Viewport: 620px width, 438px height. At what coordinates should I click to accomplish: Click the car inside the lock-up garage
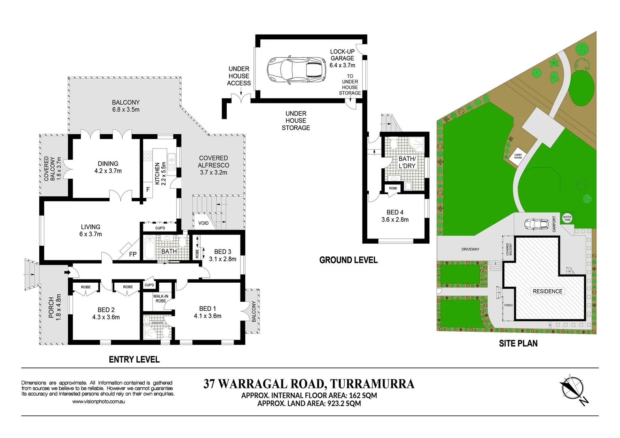tap(296, 69)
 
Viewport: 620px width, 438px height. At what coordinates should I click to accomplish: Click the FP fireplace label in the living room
tap(133, 254)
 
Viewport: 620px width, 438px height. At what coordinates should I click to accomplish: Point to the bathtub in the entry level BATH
tap(150, 248)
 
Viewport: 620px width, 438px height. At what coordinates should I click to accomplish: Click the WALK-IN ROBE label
tap(161, 298)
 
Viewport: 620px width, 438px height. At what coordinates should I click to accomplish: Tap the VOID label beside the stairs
tap(204, 223)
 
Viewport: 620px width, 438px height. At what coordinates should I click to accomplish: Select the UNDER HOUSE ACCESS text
tap(239, 76)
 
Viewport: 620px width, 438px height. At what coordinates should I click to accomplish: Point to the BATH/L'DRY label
tap(407, 162)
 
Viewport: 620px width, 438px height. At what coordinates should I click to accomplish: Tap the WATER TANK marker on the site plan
tap(567, 218)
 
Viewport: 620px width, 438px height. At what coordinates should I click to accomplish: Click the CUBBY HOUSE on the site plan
tap(518, 156)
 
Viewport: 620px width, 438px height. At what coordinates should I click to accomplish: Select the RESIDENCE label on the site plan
tap(547, 291)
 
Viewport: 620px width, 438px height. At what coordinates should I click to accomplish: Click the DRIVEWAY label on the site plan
tap(470, 249)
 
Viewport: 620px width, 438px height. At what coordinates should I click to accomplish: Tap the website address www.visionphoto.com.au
tap(99, 401)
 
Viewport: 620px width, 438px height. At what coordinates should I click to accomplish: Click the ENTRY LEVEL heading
tap(134, 359)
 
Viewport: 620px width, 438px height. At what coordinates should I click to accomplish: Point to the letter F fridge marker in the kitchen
tap(148, 189)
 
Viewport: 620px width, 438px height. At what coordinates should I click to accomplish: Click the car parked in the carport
tap(536, 224)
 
